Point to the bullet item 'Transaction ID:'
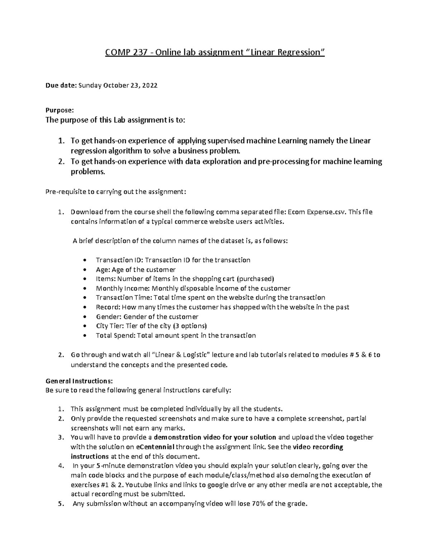click(120, 260)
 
